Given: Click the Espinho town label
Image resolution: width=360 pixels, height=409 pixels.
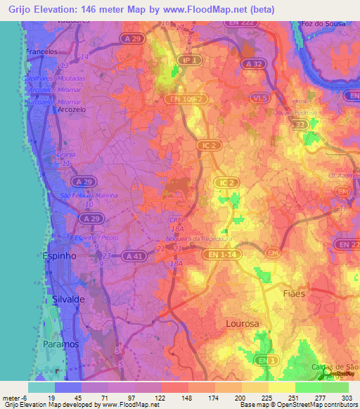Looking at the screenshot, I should [60, 257].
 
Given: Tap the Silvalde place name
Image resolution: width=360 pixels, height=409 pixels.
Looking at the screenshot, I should [68, 299].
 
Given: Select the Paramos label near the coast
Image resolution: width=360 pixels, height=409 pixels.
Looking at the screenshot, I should [61, 344].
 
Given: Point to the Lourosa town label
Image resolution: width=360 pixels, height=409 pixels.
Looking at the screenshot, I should [243, 324].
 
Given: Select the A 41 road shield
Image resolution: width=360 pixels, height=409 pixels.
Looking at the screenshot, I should [131, 257].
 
